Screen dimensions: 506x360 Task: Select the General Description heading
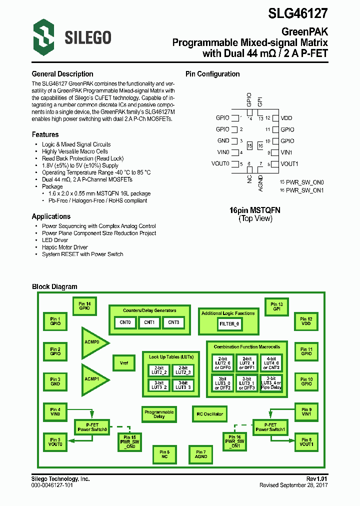pyautogui.click(x=62, y=74)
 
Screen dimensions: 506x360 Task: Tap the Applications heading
pyautogui.click(x=51, y=216)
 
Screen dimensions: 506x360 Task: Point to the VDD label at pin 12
pyautogui.click(x=286, y=118)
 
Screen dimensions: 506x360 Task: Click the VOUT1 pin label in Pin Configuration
pyautogui.click(x=289, y=164)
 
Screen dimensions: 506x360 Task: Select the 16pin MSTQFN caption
pyautogui.click(x=255, y=210)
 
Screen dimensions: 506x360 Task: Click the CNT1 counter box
pyautogui.click(x=149, y=323)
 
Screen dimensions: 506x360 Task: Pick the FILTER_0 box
pyautogui.click(x=229, y=324)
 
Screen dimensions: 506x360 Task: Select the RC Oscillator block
pyautogui.click(x=209, y=414)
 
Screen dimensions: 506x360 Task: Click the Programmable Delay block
pyautogui.click(x=159, y=414)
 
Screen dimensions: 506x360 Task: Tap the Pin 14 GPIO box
pyautogui.click(x=84, y=306)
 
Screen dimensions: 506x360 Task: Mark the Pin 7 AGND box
pyautogui.click(x=201, y=454)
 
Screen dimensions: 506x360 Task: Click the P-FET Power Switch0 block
pyautogui.click(x=91, y=427)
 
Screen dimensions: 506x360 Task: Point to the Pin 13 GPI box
pyautogui.click(x=277, y=306)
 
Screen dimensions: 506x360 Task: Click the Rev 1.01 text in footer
pyautogui.click(x=316, y=479)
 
